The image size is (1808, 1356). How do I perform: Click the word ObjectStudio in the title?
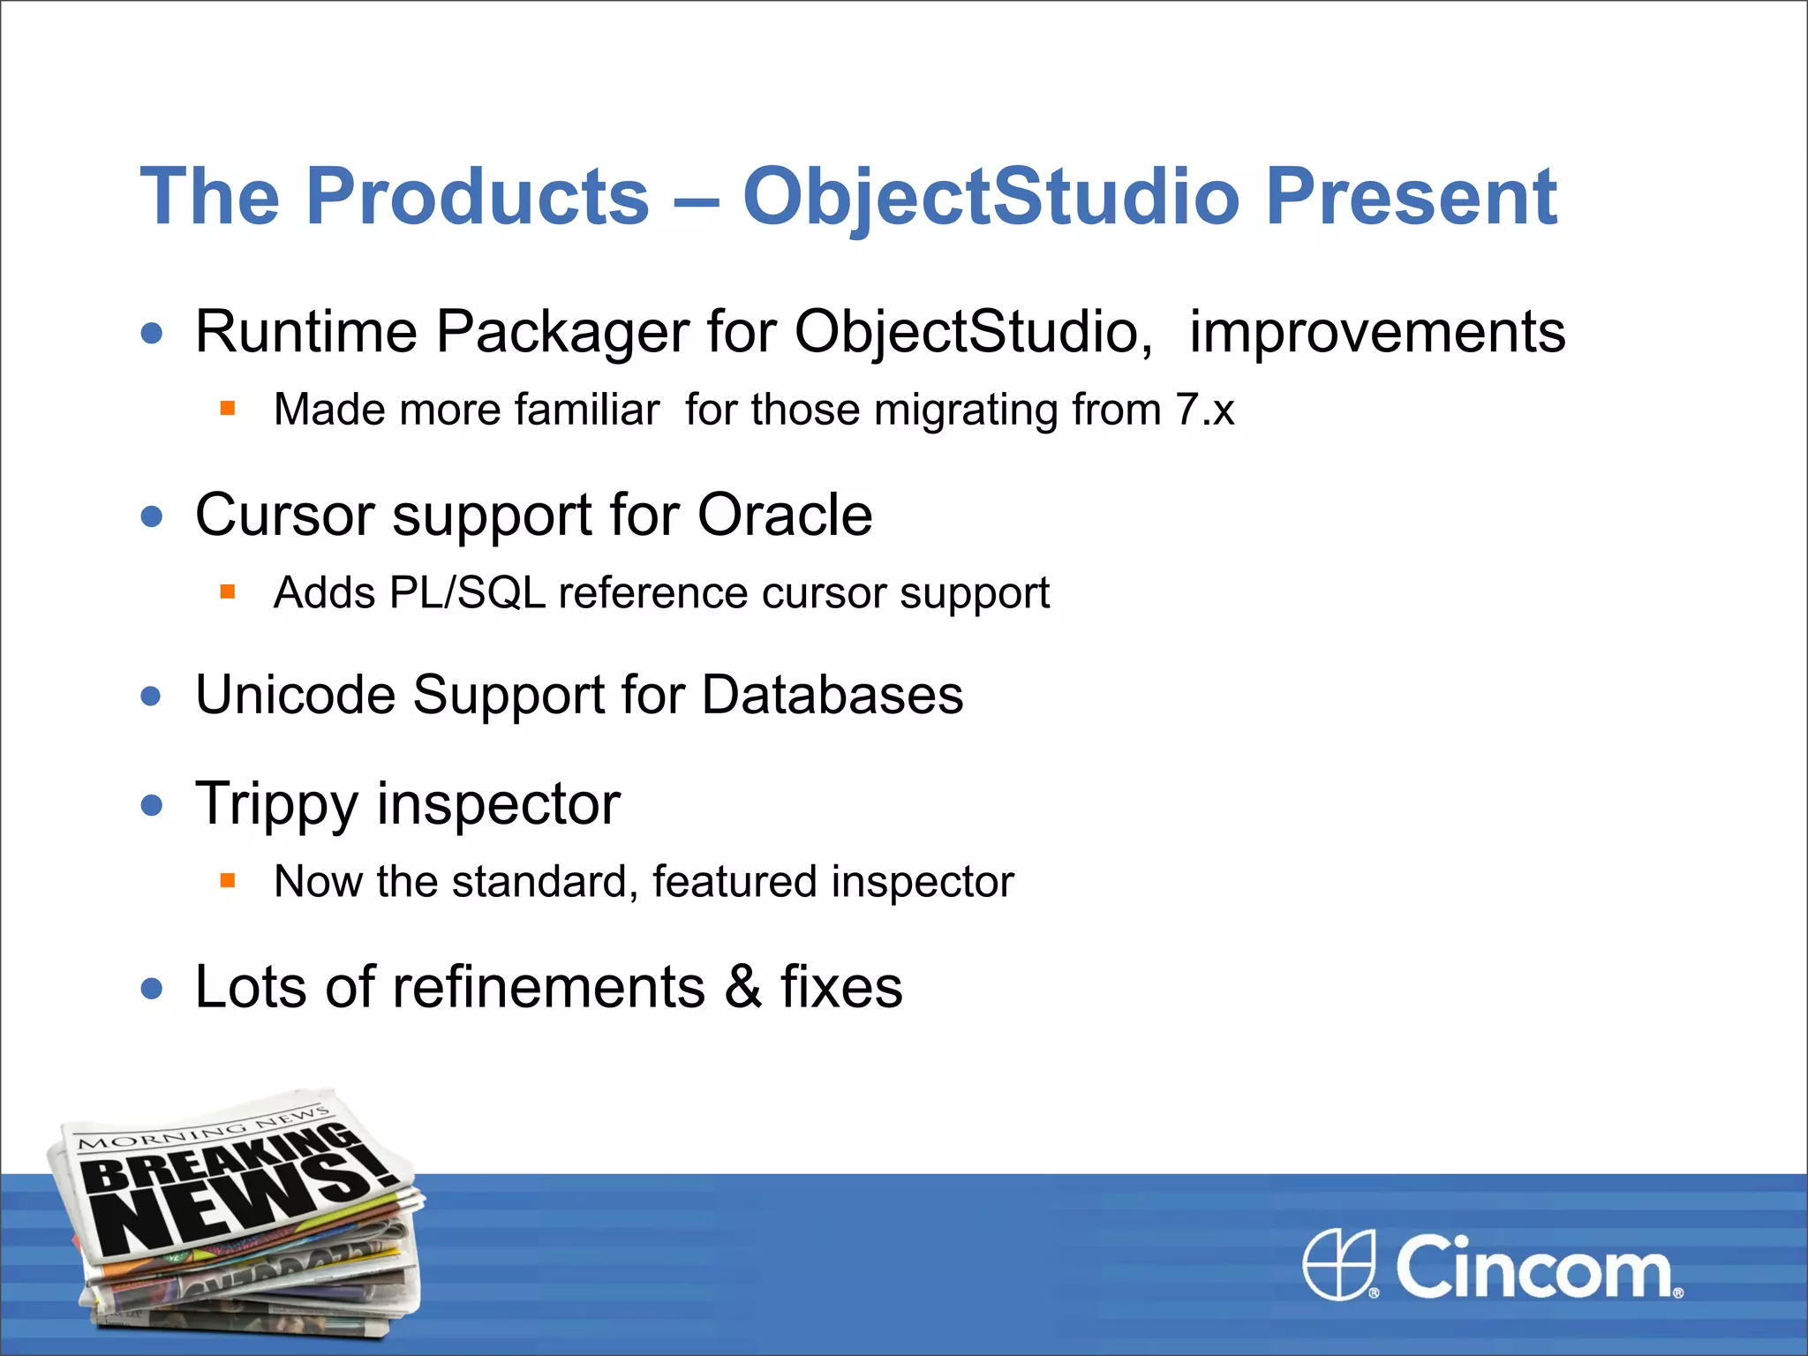[991, 197]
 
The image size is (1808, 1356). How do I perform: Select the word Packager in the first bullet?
[561, 333]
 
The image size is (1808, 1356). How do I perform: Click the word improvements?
[1377, 333]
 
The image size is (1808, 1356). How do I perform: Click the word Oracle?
[785, 515]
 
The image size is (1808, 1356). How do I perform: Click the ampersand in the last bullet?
[743, 987]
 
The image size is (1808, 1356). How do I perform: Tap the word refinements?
[548, 987]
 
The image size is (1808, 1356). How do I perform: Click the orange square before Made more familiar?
[228, 408]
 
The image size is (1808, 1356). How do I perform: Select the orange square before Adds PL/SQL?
[228, 591]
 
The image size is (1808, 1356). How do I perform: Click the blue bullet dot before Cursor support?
[152, 516]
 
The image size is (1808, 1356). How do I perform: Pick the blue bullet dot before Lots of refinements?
[152, 989]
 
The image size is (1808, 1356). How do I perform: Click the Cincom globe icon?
[1339, 1264]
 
